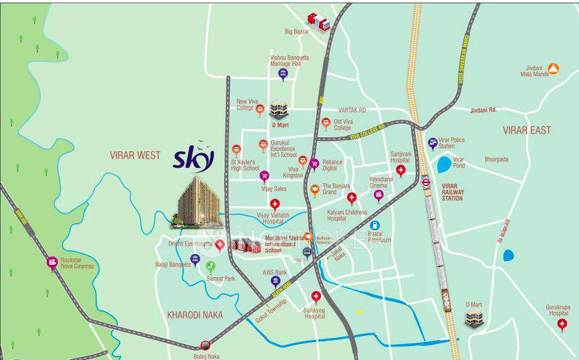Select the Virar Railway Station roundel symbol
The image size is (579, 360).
pyautogui.click(x=427, y=181)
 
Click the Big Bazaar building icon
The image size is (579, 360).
pyautogui.click(x=318, y=21)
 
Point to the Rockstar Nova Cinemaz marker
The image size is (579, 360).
pyautogui.click(x=52, y=263)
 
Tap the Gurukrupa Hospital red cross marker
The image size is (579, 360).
pyautogui.click(x=562, y=324)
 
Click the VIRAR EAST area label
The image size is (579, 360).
pyautogui.click(x=527, y=130)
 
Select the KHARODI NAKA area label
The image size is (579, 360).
pyautogui.click(x=195, y=314)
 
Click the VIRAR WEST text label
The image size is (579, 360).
pyautogui.click(x=135, y=155)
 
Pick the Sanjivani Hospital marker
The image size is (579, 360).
pyautogui.click(x=400, y=170)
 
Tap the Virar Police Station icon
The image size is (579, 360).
pyautogui.click(x=433, y=143)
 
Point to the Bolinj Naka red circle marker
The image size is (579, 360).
pyautogui.click(x=205, y=345)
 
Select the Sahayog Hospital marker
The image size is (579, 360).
pyautogui.click(x=316, y=296)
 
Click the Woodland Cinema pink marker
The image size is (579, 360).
pyautogui.click(x=378, y=195)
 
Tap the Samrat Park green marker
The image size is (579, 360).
pyautogui.click(x=211, y=266)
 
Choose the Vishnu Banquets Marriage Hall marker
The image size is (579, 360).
pyautogui.click(x=283, y=74)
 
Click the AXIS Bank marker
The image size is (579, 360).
pyautogui.click(x=275, y=282)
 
